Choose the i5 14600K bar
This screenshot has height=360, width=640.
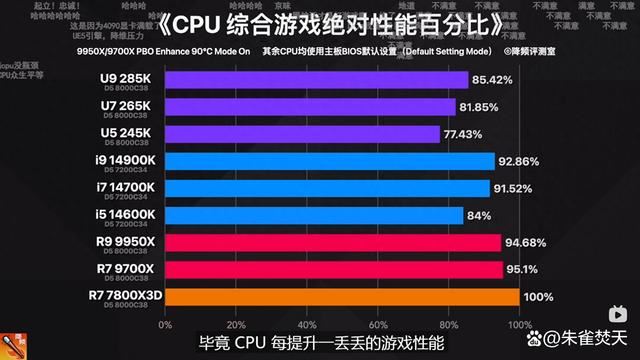[310, 215]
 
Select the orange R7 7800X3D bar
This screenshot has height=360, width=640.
[339, 297]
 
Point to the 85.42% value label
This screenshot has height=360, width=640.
[493, 80]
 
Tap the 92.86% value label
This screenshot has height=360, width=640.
[519, 161]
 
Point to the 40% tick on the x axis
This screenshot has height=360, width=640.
[304, 325]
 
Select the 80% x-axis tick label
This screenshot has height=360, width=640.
[448, 325]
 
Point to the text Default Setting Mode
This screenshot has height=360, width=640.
[436, 49]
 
